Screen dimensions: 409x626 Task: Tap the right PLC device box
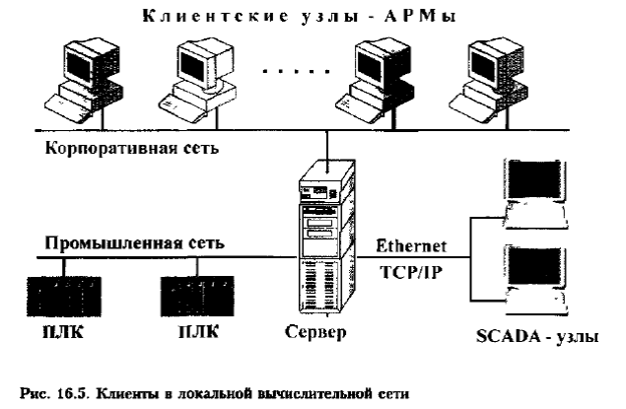[193, 293]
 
